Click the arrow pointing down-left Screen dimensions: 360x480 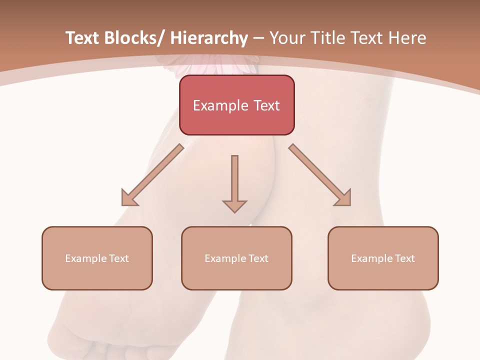(x=152, y=175)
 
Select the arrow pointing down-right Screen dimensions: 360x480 (x=320, y=175)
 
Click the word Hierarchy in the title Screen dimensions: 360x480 (x=209, y=38)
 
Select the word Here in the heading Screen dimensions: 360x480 (x=406, y=38)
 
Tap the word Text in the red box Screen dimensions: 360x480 (x=266, y=105)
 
